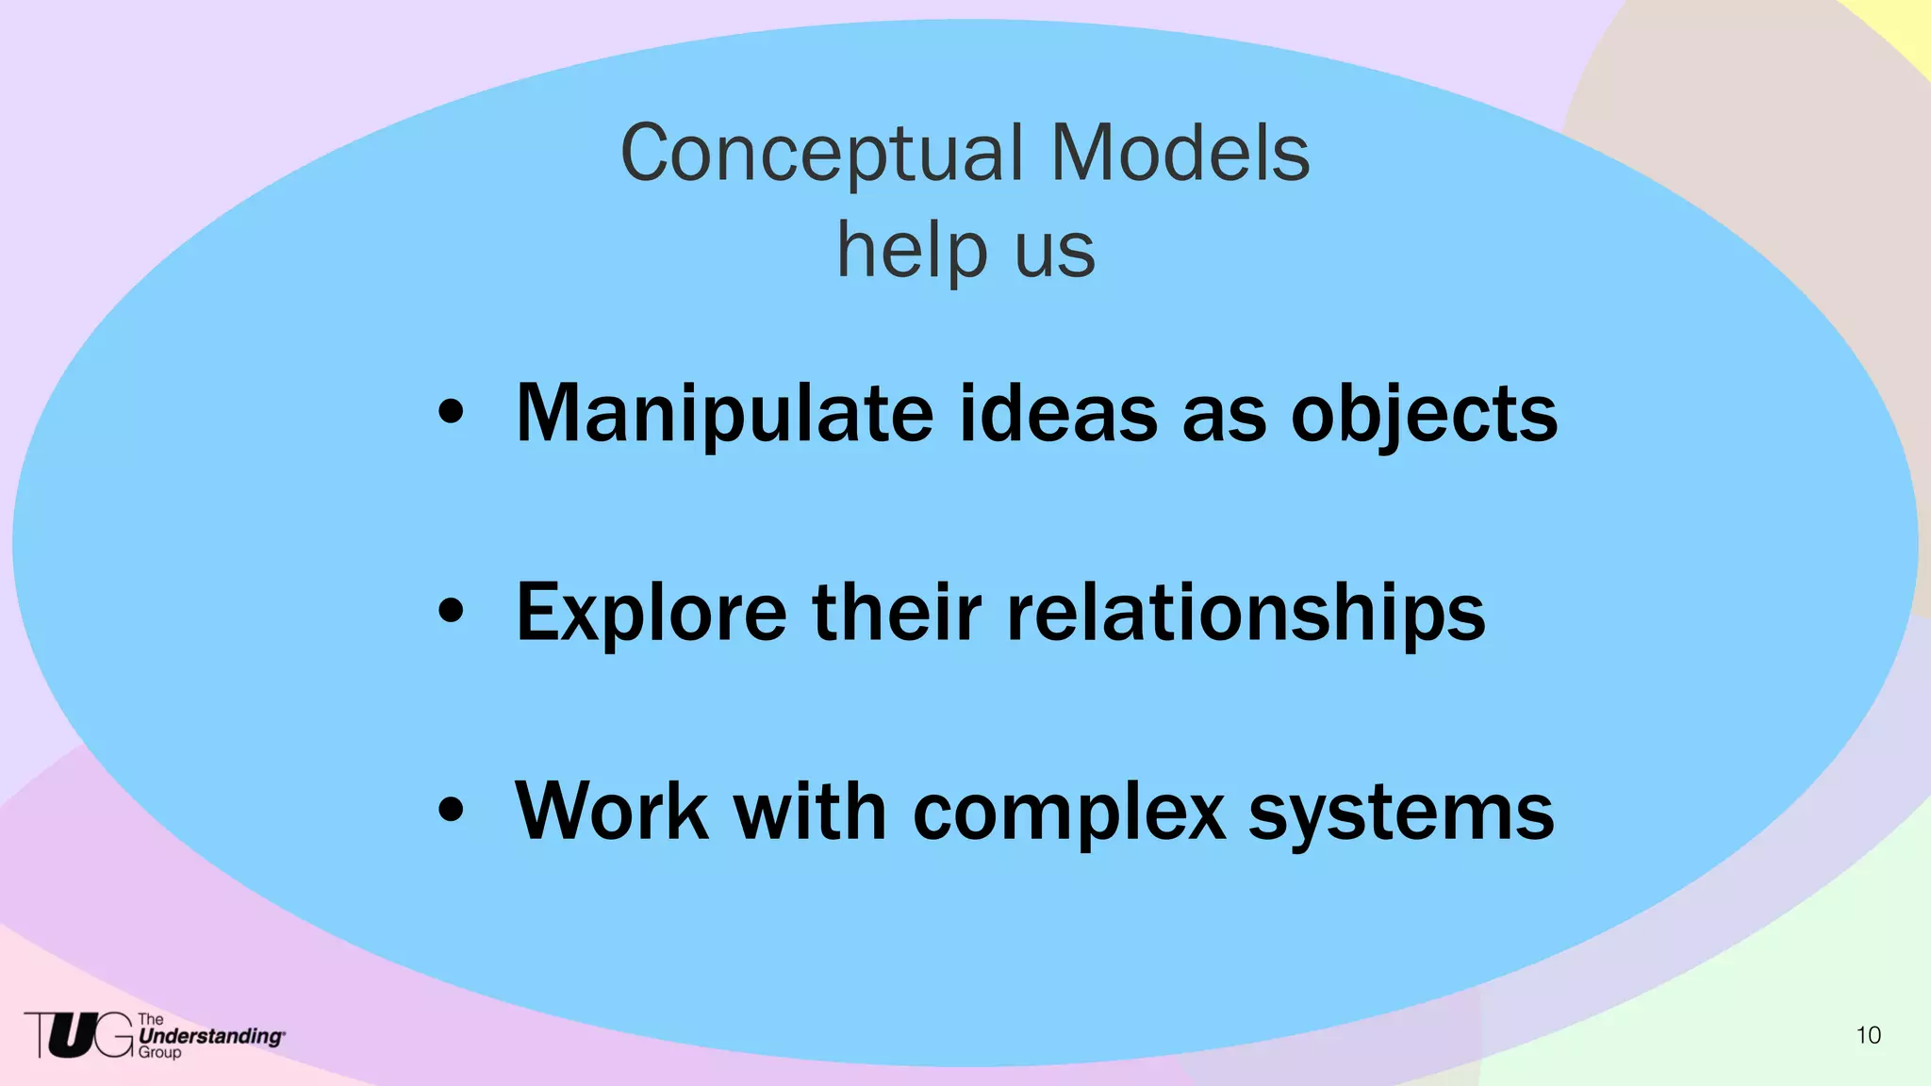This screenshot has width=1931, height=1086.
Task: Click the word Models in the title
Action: (x=1180, y=154)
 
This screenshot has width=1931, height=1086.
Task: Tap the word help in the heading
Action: (x=912, y=251)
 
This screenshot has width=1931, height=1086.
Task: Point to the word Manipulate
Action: (x=725, y=415)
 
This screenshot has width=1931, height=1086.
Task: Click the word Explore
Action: (x=651, y=614)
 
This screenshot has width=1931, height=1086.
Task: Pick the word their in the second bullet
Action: (x=897, y=612)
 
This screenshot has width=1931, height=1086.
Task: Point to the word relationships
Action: (x=1246, y=614)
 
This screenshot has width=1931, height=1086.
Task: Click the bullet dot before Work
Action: (x=452, y=810)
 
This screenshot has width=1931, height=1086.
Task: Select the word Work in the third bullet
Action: (x=612, y=811)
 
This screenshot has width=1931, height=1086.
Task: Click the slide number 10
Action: (x=1868, y=1035)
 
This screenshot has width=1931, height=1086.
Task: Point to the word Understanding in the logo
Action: (x=209, y=1036)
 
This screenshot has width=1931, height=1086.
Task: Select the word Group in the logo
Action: (x=159, y=1053)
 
